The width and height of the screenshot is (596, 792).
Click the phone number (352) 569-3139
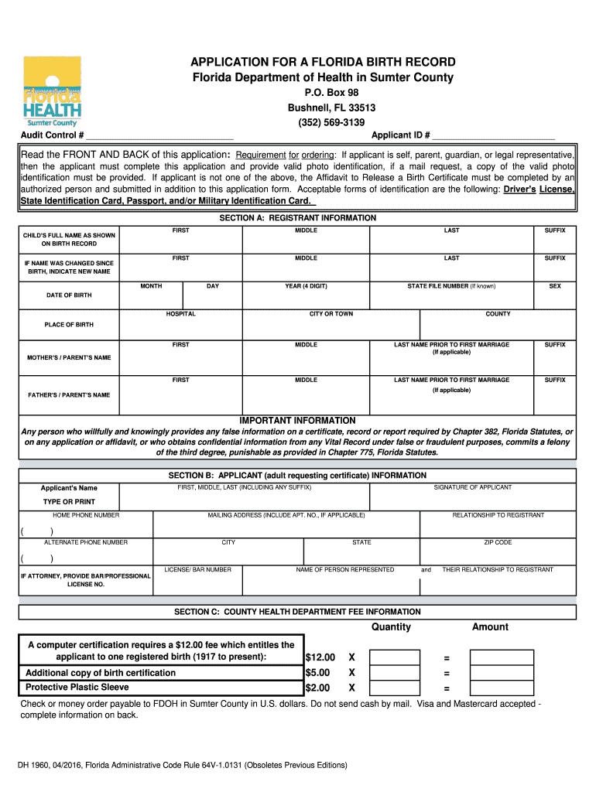tap(331, 122)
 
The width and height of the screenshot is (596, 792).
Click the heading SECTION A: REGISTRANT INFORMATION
tap(298, 218)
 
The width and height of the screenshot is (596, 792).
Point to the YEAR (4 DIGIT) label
tap(306, 286)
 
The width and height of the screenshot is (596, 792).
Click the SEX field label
tap(555, 286)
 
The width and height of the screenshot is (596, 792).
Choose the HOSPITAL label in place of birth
tap(181, 314)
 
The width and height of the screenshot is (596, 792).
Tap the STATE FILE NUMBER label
tap(451, 286)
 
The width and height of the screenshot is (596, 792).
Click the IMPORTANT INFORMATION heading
tap(298, 420)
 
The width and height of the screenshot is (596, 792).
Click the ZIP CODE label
tap(498, 542)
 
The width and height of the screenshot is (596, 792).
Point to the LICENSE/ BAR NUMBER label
tap(198, 569)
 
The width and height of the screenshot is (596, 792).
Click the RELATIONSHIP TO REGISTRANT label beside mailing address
tap(498, 514)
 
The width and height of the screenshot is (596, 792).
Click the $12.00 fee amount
tap(320, 657)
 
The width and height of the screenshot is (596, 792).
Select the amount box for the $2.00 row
tap(502, 688)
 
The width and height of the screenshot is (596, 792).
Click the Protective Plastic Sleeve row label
tap(77, 688)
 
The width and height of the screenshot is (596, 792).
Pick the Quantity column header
tap(391, 626)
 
